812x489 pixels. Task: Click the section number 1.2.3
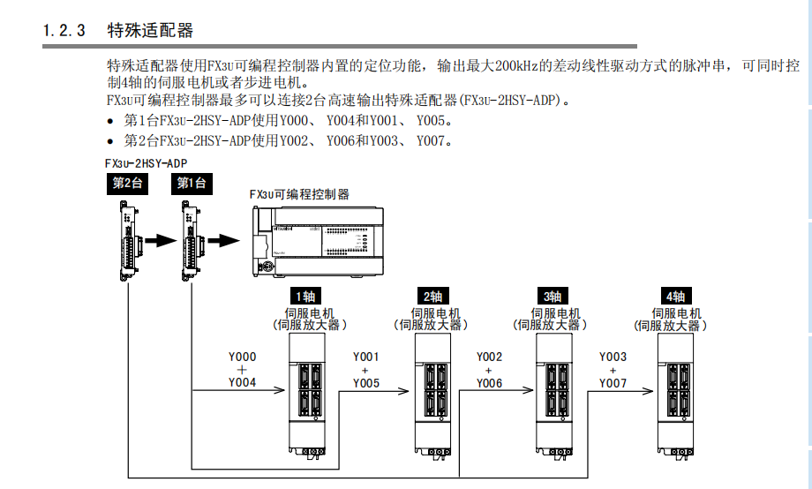[x=64, y=31]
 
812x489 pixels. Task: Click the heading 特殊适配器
[x=150, y=31]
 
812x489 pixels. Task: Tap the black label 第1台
[x=191, y=183]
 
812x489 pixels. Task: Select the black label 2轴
[x=432, y=296]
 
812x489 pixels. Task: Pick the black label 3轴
[x=553, y=296]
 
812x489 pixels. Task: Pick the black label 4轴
[x=676, y=296]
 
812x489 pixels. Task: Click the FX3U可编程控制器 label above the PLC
[x=299, y=194]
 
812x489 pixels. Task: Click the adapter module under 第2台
[x=128, y=238]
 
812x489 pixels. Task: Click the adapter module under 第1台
[x=192, y=238]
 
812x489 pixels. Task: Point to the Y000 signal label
[x=242, y=357]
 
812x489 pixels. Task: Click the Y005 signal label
[x=366, y=383]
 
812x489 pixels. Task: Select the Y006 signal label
[x=489, y=383]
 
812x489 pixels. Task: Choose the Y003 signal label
[x=613, y=357]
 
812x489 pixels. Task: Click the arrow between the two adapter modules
[x=161, y=239]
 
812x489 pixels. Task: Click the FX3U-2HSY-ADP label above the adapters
[x=146, y=163]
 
